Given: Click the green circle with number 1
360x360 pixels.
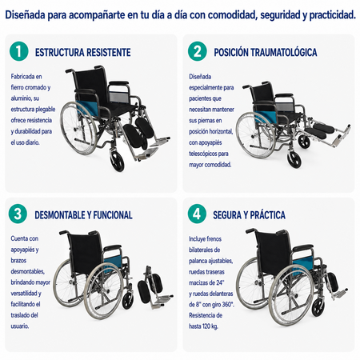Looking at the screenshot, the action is click(x=18, y=51).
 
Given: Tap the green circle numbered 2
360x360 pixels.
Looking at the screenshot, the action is click(x=197, y=51).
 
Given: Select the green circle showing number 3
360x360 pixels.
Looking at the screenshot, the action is click(x=18, y=214).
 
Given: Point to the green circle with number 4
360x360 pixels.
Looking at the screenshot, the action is click(x=197, y=214).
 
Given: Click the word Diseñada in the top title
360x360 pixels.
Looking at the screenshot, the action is click(x=25, y=15).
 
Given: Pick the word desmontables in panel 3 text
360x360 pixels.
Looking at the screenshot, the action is click(x=27, y=271).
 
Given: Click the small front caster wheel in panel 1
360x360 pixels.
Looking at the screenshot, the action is click(x=118, y=162).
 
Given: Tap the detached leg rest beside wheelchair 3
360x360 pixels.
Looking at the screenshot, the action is click(x=154, y=287).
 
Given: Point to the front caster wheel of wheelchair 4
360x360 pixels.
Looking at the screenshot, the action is click(x=318, y=307).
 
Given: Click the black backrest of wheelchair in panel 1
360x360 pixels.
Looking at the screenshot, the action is click(x=90, y=86).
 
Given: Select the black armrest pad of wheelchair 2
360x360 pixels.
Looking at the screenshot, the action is click(x=284, y=95).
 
